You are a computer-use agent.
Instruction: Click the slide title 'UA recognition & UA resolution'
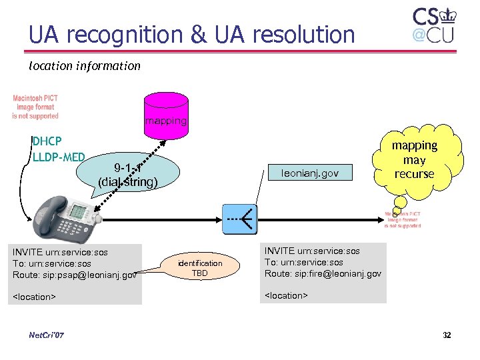[191, 34]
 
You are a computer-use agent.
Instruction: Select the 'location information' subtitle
[85, 66]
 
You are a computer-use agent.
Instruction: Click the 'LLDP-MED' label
[59, 157]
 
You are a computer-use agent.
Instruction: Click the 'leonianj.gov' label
[309, 173]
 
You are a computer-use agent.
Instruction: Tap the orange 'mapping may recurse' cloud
[414, 160]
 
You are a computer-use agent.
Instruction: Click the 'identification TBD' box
[200, 268]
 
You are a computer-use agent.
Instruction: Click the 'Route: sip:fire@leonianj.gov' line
[323, 273]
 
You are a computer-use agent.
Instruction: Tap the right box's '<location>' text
[286, 294]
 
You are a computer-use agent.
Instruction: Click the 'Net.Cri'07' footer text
[47, 335]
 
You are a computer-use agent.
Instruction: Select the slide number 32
[447, 335]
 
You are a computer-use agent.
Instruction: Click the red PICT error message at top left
[35, 107]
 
